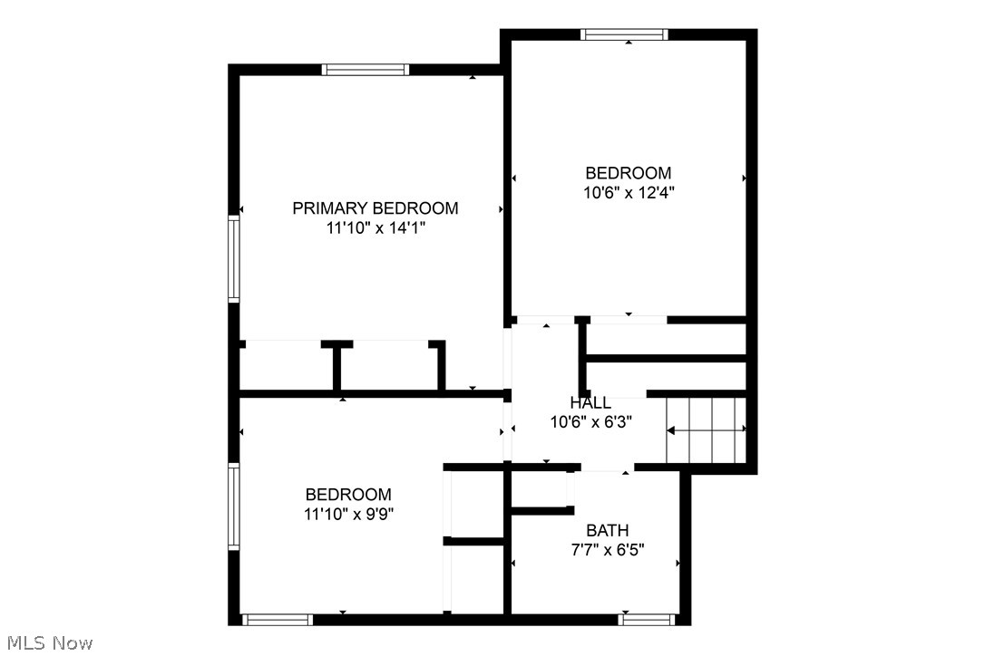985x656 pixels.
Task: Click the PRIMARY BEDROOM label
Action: (x=375, y=208)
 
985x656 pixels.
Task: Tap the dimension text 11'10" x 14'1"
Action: (x=375, y=228)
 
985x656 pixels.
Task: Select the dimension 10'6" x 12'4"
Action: (x=629, y=192)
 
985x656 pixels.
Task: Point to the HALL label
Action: (x=590, y=402)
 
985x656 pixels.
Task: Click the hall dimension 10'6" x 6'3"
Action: (x=590, y=421)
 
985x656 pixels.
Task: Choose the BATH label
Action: (x=607, y=530)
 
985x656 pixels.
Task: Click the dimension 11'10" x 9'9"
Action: (x=348, y=514)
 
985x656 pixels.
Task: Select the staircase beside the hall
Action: (x=707, y=429)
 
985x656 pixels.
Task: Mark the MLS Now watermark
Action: (x=47, y=643)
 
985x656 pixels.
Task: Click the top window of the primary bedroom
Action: (x=366, y=69)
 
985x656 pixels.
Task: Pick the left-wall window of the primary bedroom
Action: (x=233, y=259)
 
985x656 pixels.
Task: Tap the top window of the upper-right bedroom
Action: (x=624, y=34)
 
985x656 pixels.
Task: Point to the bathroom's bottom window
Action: (x=649, y=620)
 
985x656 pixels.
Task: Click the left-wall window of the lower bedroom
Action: (x=233, y=506)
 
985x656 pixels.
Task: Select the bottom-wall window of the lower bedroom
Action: (x=277, y=620)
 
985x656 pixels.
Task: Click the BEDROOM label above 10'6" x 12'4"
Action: (x=629, y=173)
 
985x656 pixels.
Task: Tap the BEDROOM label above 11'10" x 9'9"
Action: (x=348, y=495)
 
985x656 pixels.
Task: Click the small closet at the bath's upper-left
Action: (x=541, y=491)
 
